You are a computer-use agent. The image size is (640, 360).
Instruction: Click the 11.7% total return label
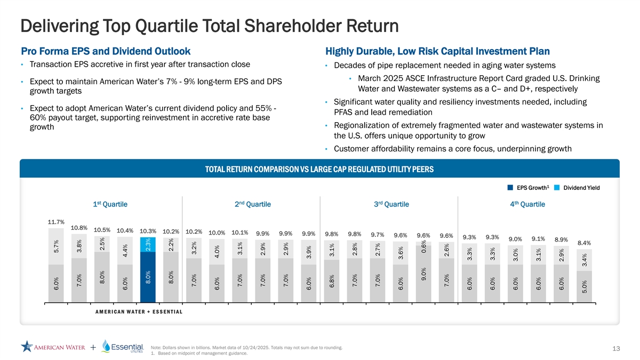56,222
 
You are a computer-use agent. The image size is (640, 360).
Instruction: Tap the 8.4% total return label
585,243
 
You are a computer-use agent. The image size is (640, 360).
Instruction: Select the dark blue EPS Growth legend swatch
510,188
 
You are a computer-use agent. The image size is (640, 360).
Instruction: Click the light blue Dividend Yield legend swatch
557,188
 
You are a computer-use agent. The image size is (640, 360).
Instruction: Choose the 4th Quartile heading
527,204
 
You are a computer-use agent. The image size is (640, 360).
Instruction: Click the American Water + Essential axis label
139,312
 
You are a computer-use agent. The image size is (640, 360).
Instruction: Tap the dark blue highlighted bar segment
148,276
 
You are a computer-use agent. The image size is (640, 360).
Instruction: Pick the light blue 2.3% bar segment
148,244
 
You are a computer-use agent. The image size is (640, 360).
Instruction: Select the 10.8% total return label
79,228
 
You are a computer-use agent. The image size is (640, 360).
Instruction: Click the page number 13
617,349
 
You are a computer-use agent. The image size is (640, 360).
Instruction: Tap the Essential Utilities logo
123,347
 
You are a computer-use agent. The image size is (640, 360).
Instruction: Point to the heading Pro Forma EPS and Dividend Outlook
106,52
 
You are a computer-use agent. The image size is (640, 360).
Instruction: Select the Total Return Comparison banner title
319,170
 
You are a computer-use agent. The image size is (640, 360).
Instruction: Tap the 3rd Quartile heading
391,204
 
